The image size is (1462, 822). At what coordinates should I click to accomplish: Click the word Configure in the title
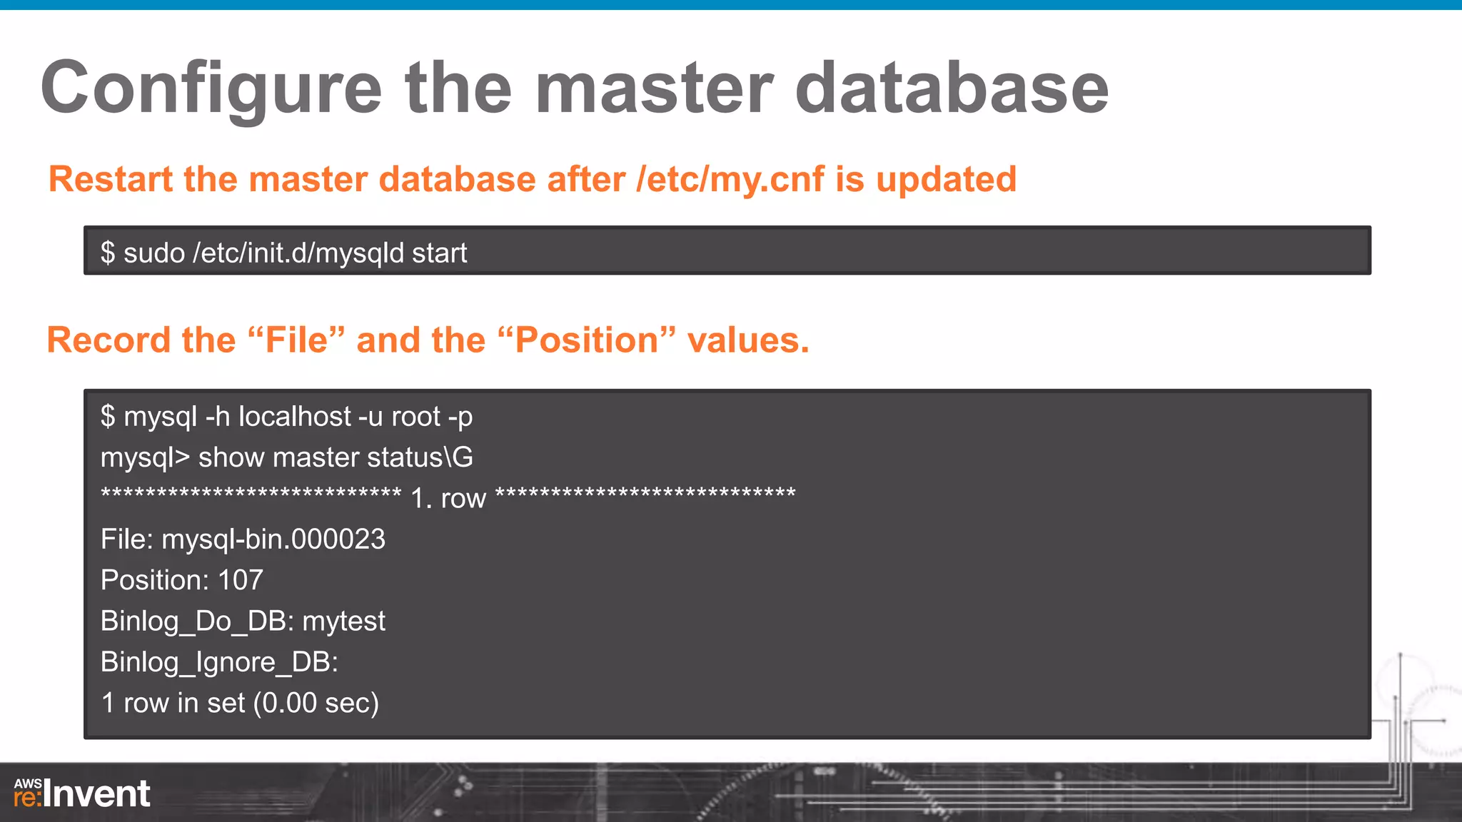(x=211, y=88)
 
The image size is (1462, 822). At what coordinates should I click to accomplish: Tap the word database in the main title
(x=951, y=88)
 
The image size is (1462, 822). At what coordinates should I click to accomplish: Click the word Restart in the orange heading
(x=111, y=179)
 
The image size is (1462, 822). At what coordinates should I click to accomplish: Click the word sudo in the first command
(x=154, y=253)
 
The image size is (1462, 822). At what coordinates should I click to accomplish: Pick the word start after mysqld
(x=439, y=253)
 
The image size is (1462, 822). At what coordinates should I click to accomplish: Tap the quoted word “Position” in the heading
(x=587, y=340)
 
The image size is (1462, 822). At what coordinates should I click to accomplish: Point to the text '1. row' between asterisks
(x=448, y=498)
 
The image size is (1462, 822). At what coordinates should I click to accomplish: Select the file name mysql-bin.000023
(x=273, y=539)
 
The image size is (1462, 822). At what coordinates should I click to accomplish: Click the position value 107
(x=241, y=580)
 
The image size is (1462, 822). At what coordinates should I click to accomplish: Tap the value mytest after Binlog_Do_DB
(x=343, y=621)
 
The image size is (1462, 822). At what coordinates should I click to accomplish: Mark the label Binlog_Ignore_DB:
(x=219, y=662)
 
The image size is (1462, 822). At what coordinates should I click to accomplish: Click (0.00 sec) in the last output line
(x=320, y=704)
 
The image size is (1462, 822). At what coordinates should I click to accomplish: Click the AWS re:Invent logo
(x=82, y=793)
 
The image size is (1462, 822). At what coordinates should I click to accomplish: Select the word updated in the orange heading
(x=946, y=179)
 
